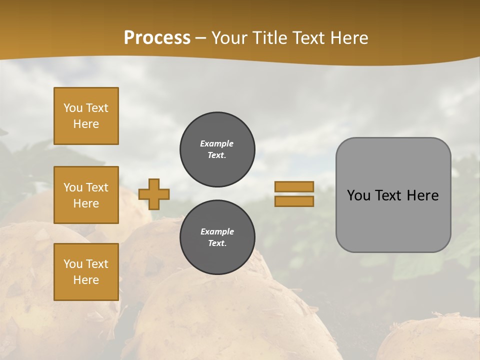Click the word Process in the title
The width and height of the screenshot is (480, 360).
pyautogui.click(x=157, y=38)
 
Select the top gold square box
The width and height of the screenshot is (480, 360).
pyautogui.click(x=86, y=116)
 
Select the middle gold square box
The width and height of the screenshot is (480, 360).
pyautogui.click(x=86, y=195)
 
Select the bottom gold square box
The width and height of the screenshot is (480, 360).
pyautogui.click(x=86, y=272)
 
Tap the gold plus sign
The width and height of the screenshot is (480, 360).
pyautogui.click(x=154, y=194)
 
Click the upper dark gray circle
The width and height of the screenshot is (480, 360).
pyautogui.click(x=217, y=149)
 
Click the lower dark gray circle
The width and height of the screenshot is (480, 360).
pyautogui.click(x=217, y=237)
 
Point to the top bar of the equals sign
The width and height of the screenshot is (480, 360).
pyautogui.click(x=294, y=187)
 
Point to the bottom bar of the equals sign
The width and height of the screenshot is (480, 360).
pyautogui.click(x=294, y=201)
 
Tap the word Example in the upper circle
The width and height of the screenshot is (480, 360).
pyautogui.click(x=216, y=143)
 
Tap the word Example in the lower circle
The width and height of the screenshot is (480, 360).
pyautogui.click(x=217, y=231)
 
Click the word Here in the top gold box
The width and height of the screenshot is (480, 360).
pyautogui.click(x=86, y=124)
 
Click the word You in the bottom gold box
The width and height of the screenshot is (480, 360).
pyautogui.click(x=73, y=264)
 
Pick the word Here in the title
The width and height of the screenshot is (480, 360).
pyautogui.click(x=348, y=38)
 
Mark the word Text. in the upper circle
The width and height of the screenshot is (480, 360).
pyautogui.click(x=217, y=155)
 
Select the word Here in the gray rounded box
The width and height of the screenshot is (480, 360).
pyautogui.click(x=422, y=195)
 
